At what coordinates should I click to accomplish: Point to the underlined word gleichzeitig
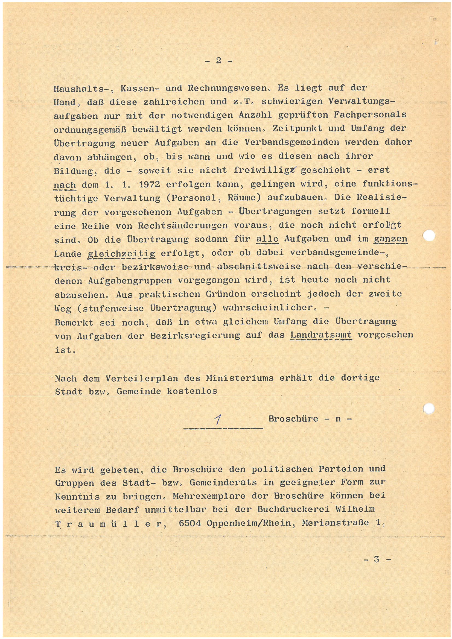[x=121, y=254]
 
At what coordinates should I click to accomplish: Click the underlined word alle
[x=267, y=239]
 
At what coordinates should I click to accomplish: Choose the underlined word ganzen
[x=390, y=239]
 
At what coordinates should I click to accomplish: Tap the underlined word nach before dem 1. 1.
[x=65, y=185]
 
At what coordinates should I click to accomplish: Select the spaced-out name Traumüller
[x=110, y=524]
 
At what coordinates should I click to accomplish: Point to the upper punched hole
[x=429, y=235]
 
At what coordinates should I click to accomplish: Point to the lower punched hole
[x=428, y=408]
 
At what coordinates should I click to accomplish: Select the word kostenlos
[x=192, y=391]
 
